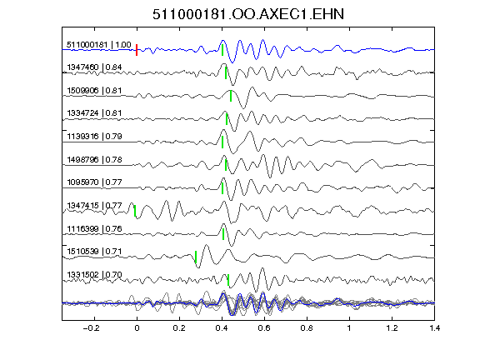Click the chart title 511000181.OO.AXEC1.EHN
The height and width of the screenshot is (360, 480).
click(248, 14)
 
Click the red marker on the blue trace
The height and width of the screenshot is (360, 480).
click(137, 50)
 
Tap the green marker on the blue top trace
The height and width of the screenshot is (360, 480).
click(222, 50)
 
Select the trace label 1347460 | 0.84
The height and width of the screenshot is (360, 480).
click(94, 67)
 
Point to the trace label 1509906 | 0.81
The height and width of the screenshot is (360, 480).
click(94, 91)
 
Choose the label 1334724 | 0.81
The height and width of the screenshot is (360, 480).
click(94, 113)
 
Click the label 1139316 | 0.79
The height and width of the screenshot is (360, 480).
click(94, 136)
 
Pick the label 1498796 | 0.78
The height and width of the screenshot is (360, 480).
click(94, 159)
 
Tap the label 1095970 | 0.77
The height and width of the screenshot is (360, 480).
click(94, 182)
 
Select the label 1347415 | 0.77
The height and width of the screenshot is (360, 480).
click(94, 205)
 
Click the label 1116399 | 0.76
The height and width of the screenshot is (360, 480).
click(94, 228)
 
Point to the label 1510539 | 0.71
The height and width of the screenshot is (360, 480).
click(94, 252)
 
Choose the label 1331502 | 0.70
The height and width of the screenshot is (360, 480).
click(94, 275)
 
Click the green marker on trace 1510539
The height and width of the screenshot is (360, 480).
click(196, 257)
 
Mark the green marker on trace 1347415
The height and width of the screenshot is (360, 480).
click(135, 211)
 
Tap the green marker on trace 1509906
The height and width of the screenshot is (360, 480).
click(231, 96)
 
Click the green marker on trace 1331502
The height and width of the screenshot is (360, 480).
click(228, 280)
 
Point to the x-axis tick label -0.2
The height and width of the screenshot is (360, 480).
click(91, 328)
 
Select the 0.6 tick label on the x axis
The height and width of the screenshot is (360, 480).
click(264, 328)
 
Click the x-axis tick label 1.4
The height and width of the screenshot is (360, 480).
click(434, 328)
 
